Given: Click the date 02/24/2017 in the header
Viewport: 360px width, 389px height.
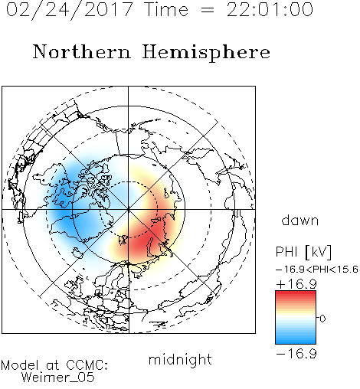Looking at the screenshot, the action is point(70,10).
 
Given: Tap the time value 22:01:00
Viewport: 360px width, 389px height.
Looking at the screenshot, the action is point(270,10).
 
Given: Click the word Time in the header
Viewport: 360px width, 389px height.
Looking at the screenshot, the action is point(166,10).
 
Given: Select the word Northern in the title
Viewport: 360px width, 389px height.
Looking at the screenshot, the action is point(82,52).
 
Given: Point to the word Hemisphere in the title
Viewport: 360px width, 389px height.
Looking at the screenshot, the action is point(206,53).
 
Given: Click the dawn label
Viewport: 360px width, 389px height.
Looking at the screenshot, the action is point(300,220).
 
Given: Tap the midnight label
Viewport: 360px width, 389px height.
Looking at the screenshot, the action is point(180,359).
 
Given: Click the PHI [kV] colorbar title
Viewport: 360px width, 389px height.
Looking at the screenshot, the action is point(303,252).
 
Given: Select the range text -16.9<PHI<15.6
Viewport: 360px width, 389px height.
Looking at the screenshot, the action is point(317,270).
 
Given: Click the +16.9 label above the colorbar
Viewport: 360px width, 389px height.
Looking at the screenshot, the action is point(296,284).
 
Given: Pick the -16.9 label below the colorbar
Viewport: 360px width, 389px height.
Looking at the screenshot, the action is point(296,354).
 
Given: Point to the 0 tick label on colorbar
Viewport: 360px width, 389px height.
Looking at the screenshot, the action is point(322,319).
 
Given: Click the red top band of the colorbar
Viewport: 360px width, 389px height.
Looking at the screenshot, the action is point(296,294).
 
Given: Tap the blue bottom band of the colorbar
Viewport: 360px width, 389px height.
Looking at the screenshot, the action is point(296,340).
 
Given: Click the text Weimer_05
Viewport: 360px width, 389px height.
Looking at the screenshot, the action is point(58,378).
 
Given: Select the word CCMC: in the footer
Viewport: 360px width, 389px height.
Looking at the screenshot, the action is point(87,365).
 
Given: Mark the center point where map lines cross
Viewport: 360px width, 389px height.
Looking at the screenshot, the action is point(128,210).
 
